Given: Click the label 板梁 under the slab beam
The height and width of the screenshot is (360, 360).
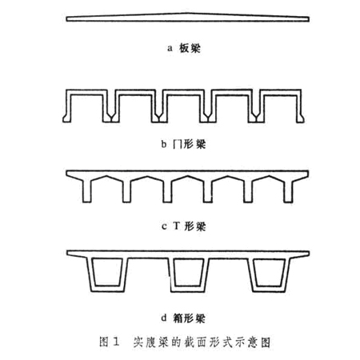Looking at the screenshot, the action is pyautogui.click(x=190, y=49).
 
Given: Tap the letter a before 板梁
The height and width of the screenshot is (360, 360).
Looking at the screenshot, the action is pyautogui.click(x=170, y=49).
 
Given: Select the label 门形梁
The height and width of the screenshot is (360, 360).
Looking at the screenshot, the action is pyautogui.click(x=190, y=144).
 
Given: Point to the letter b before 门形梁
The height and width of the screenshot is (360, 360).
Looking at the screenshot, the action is pyautogui.click(x=164, y=144).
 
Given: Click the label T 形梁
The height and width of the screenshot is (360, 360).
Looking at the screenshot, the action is pyautogui.click(x=190, y=226).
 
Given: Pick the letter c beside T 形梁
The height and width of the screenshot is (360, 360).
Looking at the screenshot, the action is pyautogui.click(x=164, y=226).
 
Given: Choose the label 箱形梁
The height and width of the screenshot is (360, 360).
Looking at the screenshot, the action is pyautogui.click(x=189, y=318).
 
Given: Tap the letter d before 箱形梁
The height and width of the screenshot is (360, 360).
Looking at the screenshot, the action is pyautogui.click(x=164, y=318).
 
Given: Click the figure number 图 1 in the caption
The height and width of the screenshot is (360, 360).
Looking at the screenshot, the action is pyautogui.click(x=109, y=342).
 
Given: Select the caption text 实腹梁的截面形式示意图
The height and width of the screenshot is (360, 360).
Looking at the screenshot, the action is pyautogui.click(x=202, y=342).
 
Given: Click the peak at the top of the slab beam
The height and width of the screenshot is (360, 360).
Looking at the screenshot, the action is pyautogui.click(x=187, y=13).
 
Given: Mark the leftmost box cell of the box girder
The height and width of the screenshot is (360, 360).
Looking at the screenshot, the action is pyautogui.click(x=108, y=274).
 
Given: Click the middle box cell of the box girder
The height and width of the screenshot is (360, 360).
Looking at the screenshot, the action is pyautogui.click(x=189, y=274).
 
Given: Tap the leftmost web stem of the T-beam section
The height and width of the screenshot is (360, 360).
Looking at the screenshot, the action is pyautogui.click(x=87, y=190).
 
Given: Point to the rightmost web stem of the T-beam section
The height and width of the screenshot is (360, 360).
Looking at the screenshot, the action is pyautogui.click(x=289, y=190).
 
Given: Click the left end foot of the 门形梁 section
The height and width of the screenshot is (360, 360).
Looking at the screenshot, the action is pyautogui.click(x=67, y=118).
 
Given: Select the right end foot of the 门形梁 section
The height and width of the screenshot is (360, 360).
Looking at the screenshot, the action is pyautogui.click(x=300, y=118).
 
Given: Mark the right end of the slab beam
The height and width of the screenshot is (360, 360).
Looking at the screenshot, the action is pyautogui.click(x=309, y=19).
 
